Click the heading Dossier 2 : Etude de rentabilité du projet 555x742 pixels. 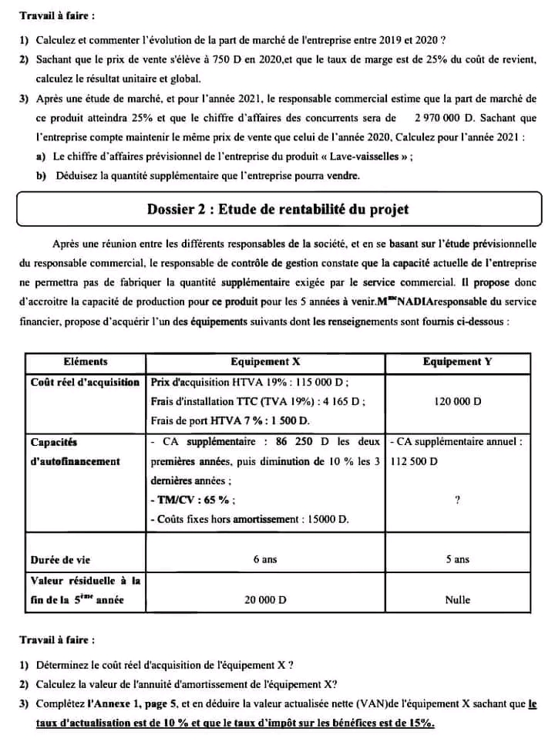277,209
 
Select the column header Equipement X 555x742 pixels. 264,361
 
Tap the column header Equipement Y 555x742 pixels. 457,361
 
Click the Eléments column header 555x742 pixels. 85,361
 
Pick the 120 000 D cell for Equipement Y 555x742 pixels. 457,402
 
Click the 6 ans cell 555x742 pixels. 264,559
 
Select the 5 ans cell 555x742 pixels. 457,559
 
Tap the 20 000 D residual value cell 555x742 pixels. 264,599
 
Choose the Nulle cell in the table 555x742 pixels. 457,599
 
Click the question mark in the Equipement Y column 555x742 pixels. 457,501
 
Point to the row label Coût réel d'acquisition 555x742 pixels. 85,382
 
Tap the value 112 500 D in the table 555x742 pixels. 413,461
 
